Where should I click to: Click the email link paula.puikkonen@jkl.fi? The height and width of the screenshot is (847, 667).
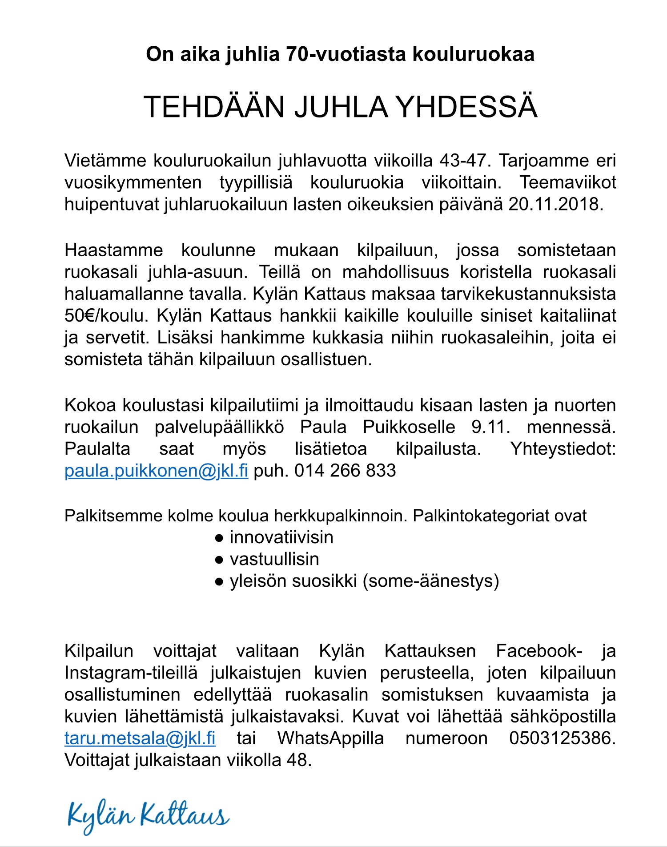[156, 471]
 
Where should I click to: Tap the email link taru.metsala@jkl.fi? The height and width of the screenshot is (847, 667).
[140, 738]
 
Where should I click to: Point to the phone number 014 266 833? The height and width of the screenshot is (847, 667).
[345, 471]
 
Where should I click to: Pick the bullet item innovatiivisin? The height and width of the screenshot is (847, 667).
[281, 537]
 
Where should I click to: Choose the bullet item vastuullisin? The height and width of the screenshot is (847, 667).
[274, 559]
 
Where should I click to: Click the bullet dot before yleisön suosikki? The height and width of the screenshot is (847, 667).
[218, 581]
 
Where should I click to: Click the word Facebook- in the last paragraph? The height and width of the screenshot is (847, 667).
[538, 651]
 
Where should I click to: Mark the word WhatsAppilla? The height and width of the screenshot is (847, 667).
[330, 738]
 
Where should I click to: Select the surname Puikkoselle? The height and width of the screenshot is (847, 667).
[409, 427]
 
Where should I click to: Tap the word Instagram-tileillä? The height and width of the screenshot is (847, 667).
[131, 673]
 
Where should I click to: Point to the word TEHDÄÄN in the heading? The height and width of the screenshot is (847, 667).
[214, 107]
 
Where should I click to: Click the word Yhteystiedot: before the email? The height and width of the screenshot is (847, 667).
[563, 449]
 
